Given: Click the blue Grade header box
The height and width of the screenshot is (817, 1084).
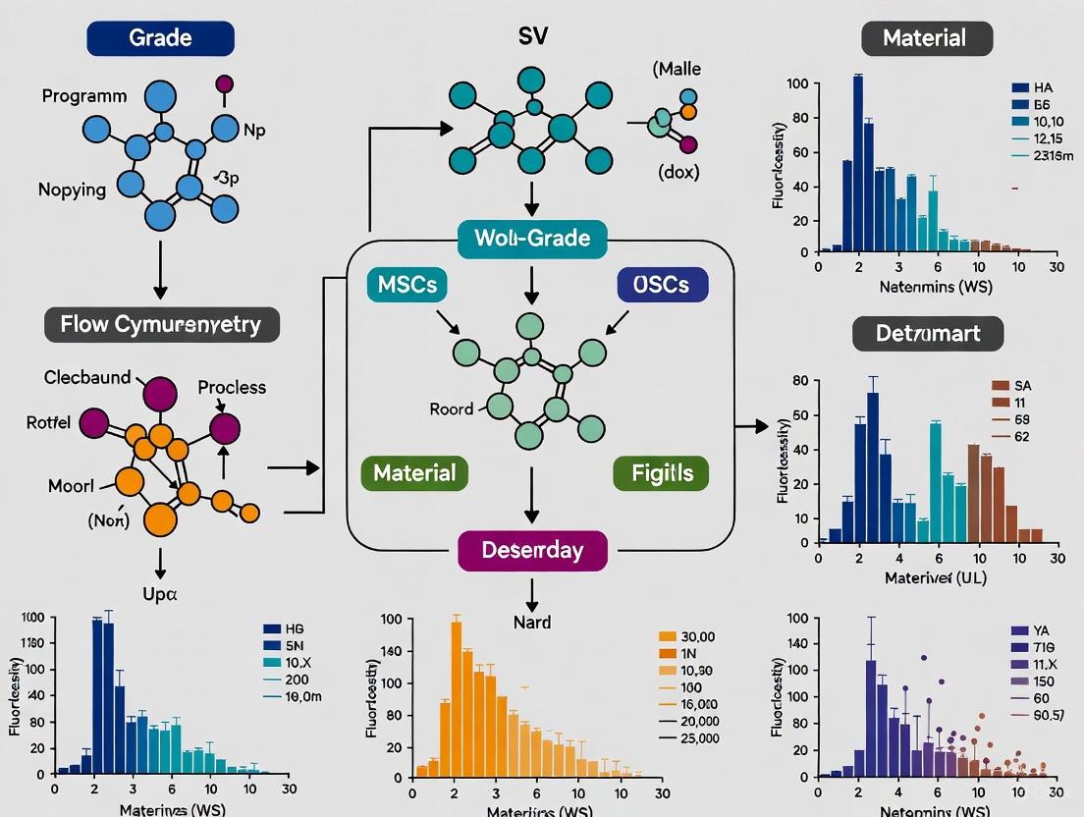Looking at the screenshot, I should coord(160,39).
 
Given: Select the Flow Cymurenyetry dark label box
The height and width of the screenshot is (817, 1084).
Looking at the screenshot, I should coord(162,324).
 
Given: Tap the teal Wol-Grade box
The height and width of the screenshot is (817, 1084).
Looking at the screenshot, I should coord(532,238).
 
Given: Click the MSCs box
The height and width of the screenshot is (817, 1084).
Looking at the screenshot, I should coord(407,285).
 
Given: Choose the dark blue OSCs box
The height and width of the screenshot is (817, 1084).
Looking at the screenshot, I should coord(662,285).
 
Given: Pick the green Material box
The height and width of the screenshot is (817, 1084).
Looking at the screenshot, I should coord(414,472).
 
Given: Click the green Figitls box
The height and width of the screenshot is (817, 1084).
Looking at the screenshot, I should coord(654,472).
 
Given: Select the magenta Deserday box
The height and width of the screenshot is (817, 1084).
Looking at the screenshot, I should coord(532,550).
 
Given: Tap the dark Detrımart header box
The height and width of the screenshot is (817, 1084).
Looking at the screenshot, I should coord(927,334).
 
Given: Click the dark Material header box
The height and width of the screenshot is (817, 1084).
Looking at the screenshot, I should coord(927,39).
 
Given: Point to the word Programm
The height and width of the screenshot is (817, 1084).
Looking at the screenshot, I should coord(84,96).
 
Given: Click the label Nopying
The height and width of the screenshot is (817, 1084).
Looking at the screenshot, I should coord(73,190).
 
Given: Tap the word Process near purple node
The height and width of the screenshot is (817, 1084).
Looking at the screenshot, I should coord(232,387).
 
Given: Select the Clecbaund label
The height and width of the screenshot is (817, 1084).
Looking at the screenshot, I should coord(86,377).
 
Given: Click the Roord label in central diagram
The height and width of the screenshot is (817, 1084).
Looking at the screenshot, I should coord(452,408).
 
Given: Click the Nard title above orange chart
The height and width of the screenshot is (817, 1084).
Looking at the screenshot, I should coord(532,622).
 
